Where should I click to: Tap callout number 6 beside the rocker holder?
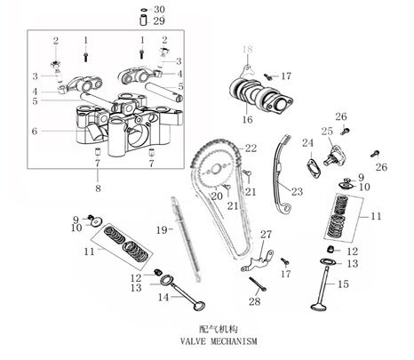(x=35, y=131)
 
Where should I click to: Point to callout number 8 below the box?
(x=98, y=188)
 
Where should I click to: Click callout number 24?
(x=307, y=143)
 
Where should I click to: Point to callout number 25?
(x=327, y=132)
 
